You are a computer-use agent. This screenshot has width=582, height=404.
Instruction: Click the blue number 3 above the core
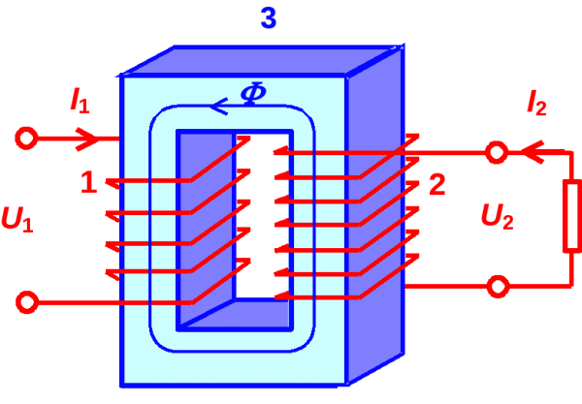click(x=269, y=18)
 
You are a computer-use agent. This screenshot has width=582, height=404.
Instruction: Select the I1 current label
click(x=80, y=99)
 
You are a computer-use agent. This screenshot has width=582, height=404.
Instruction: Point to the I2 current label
click(x=535, y=102)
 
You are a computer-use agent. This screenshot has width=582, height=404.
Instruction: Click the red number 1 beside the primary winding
click(x=89, y=182)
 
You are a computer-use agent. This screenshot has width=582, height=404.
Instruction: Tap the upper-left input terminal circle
click(x=27, y=139)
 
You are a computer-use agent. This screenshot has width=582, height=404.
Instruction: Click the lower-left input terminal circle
click(x=27, y=302)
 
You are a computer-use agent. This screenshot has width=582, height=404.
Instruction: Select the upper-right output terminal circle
click(x=497, y=152)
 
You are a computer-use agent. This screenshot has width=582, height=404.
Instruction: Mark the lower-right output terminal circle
click(x=497, y=286)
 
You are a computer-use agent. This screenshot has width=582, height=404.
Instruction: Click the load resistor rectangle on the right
click(x=571, y=217)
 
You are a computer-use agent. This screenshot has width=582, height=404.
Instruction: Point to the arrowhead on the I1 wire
click(x=88, y=139)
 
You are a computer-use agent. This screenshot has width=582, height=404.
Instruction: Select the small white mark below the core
click(x=344, y=390)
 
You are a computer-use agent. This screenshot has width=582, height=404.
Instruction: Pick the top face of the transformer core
click(x=262, y=61)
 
